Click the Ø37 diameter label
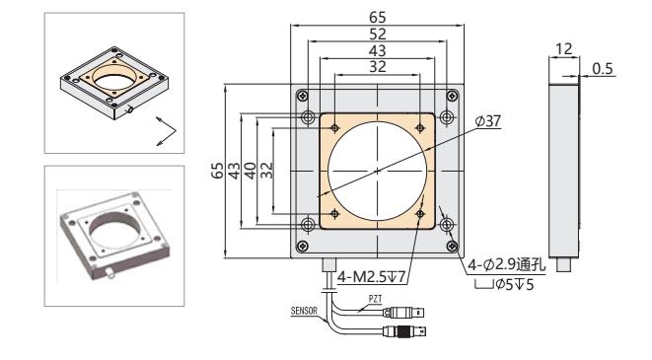(x=487, y=121)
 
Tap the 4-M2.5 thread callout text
(x=371, y=277)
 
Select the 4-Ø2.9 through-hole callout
(x=506, y=264)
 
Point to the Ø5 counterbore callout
(x=504, y=285)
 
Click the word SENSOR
(x=304, y=311)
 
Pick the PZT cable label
(x=375, y=299)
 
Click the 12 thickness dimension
(x=563, y=49)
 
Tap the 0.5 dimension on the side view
(x=603, y=69)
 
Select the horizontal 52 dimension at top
(x=377, y=35)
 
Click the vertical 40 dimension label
(x=250, y=171)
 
